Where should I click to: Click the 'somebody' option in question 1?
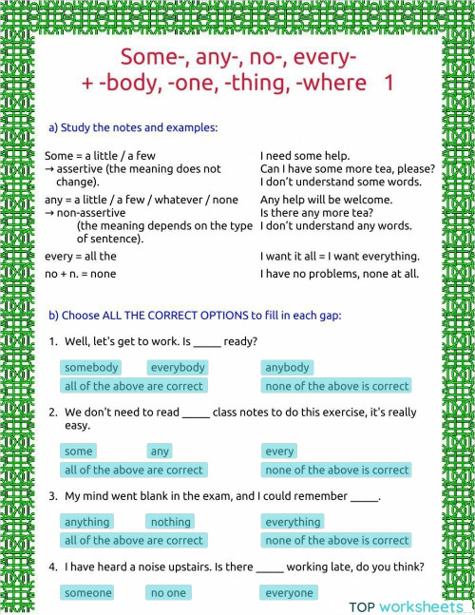[x=91, y=368]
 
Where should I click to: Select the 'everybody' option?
[x=177, y=368]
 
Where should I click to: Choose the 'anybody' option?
[x=287, y=368]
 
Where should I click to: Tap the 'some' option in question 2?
[x=79, y=452]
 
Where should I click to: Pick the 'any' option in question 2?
[x=160, y=452]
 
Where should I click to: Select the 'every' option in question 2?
[x=279, y=452]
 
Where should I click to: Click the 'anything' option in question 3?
[x=86, y=522]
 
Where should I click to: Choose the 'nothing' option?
[x=171, y=522]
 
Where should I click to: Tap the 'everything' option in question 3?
[x=293, y=522]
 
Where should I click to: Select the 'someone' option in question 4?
[x=87, y=593]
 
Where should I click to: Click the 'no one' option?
[x=169, y=593]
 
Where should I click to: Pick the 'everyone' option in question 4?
[x=289, y=593]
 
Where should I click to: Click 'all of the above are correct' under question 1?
[x=133, y=386]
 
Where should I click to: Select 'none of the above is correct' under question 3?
[x=336, y=540]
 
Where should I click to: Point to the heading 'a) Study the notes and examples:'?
[x=133, y=127]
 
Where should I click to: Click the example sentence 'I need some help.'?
[x=305, y=156]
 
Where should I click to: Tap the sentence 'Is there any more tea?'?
[x=316, y=213]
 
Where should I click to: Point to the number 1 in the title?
[x=389, y=83]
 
